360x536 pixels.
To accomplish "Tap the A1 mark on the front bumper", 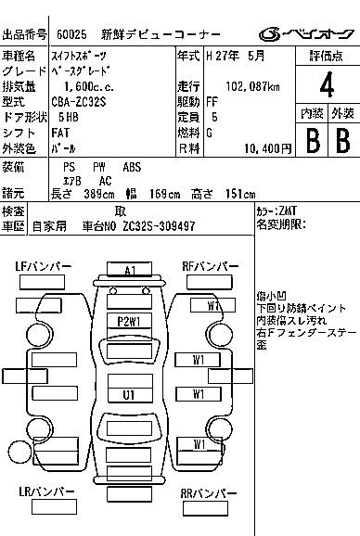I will pyautogui.click(x=130, y=270).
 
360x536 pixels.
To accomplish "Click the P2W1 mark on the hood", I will pyautogui.click(x=129, y=321).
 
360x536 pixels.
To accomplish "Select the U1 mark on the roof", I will pyautogui.click(x=129, y=394).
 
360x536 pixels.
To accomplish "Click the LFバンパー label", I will pyautogui.click(x=43, y=266).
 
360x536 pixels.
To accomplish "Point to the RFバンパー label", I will pyautogui.click(x=209, y=266).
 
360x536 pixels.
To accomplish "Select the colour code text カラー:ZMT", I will pyautogui.click(x=273, y=211).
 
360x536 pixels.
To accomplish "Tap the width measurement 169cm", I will pyautogui.click(x=167, y=193).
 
